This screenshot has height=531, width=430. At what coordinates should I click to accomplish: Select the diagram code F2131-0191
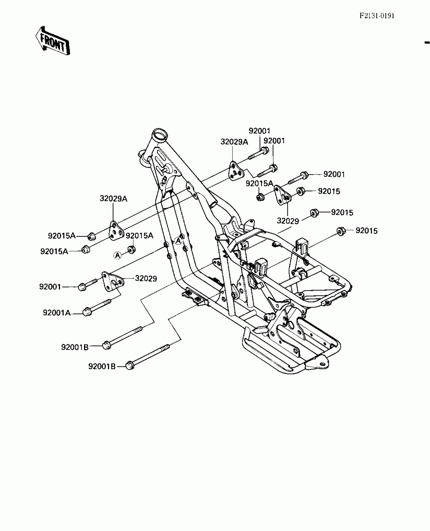(377, 16)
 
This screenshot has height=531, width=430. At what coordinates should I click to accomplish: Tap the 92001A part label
(57, 313)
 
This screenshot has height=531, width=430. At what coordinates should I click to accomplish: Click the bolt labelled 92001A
(96, 307)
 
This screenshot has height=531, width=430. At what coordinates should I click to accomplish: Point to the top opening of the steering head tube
(160, 134)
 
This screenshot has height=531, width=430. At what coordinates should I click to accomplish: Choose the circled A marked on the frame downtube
(179, 241)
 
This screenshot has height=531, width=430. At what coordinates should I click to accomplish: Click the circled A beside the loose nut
(117, 256)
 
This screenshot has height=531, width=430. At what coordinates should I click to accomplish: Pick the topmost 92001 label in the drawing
(260, 131)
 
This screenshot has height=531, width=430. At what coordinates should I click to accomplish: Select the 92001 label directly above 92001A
(50, 287)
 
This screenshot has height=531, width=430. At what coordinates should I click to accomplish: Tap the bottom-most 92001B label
(102, 366)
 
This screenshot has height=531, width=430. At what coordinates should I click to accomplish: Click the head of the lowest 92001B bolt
(130, 366)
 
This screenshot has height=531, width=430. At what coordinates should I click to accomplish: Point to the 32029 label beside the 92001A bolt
(146, 279)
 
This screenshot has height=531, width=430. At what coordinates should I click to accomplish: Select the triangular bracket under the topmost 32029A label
(236, 171)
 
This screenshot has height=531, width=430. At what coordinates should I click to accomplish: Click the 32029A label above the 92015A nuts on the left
(113, 199)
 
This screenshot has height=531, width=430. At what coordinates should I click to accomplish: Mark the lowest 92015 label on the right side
(366, 231)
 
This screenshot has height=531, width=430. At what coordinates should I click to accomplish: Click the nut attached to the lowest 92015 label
(341, 231)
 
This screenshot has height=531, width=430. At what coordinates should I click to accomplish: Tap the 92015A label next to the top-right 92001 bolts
(259, 183)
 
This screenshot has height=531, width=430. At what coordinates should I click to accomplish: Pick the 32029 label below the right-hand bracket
(288, 221)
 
